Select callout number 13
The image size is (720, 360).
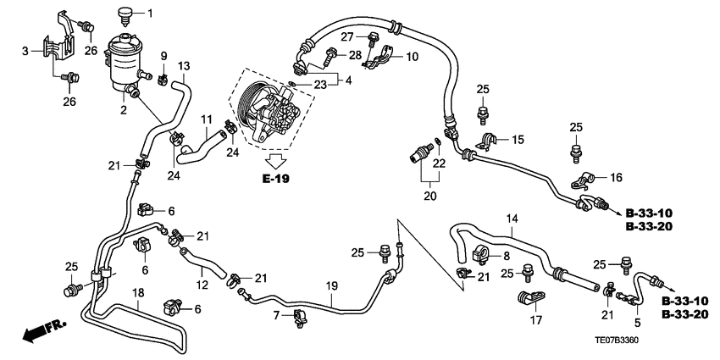point(185,66)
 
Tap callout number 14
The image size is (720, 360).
point(511,219)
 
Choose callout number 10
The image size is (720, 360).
point(412,57)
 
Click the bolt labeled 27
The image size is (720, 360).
point(372,36)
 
